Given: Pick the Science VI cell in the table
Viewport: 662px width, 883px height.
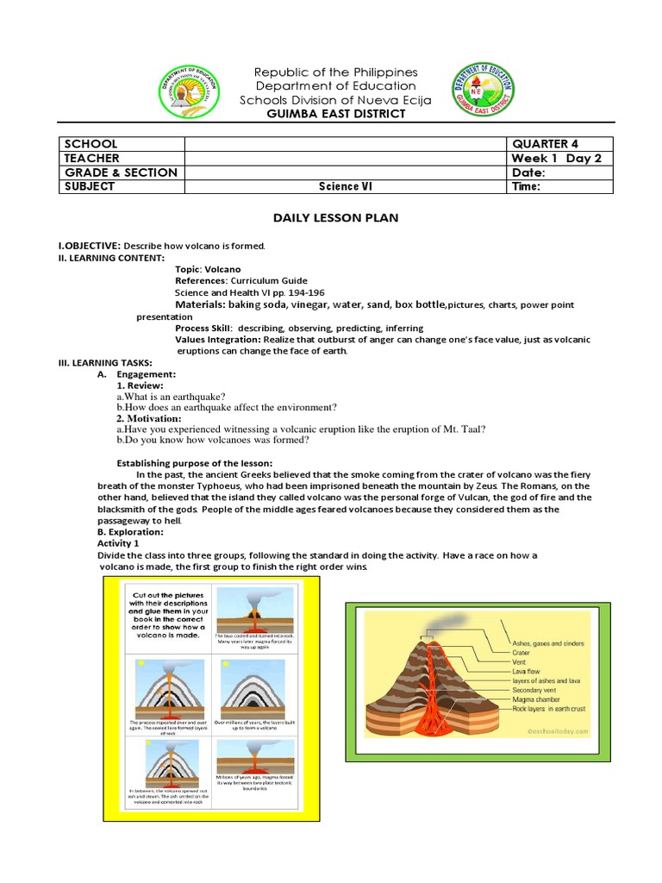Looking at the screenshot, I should (344, 186).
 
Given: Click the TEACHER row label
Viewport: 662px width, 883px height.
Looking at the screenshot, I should (91, 159).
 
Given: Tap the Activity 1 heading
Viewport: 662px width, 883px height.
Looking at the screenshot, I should (118, 544).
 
